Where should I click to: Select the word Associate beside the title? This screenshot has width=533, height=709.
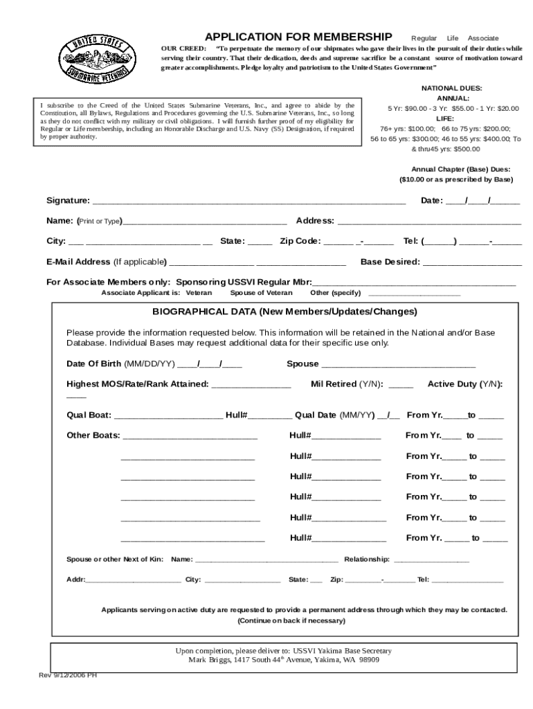[483, 37]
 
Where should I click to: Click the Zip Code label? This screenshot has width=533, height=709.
[300, 241]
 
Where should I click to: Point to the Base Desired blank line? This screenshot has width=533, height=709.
[472, 263]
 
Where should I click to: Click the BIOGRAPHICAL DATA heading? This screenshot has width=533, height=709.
[285, 311]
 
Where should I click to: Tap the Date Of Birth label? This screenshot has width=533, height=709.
[94, 364]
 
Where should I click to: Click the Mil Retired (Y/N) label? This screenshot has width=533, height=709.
[350, 384]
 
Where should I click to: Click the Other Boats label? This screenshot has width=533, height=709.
[93, 436]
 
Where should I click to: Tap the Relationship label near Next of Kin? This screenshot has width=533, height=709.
[367, 559]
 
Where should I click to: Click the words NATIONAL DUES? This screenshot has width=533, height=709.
[451, 88]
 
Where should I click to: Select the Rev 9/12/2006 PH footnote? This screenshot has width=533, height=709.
[67, 675]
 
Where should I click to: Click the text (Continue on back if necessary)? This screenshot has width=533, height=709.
[291, 621]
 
